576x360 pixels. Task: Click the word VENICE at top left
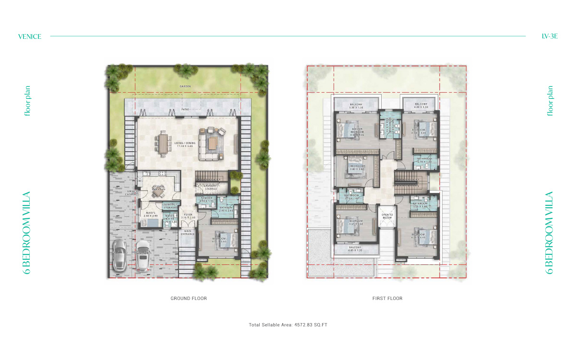29,36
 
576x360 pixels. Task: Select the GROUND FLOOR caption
189,299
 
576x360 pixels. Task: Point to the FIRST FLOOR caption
387,299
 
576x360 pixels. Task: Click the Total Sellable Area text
288,325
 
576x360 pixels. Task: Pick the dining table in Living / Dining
163,143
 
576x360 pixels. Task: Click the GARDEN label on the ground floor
185,86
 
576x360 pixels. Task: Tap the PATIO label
185,109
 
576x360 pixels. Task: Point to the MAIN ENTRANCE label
187,232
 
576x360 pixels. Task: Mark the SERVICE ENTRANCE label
132,193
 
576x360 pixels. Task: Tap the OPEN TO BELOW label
387,216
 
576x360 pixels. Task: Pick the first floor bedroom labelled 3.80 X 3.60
357,168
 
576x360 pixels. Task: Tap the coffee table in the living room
212,143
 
